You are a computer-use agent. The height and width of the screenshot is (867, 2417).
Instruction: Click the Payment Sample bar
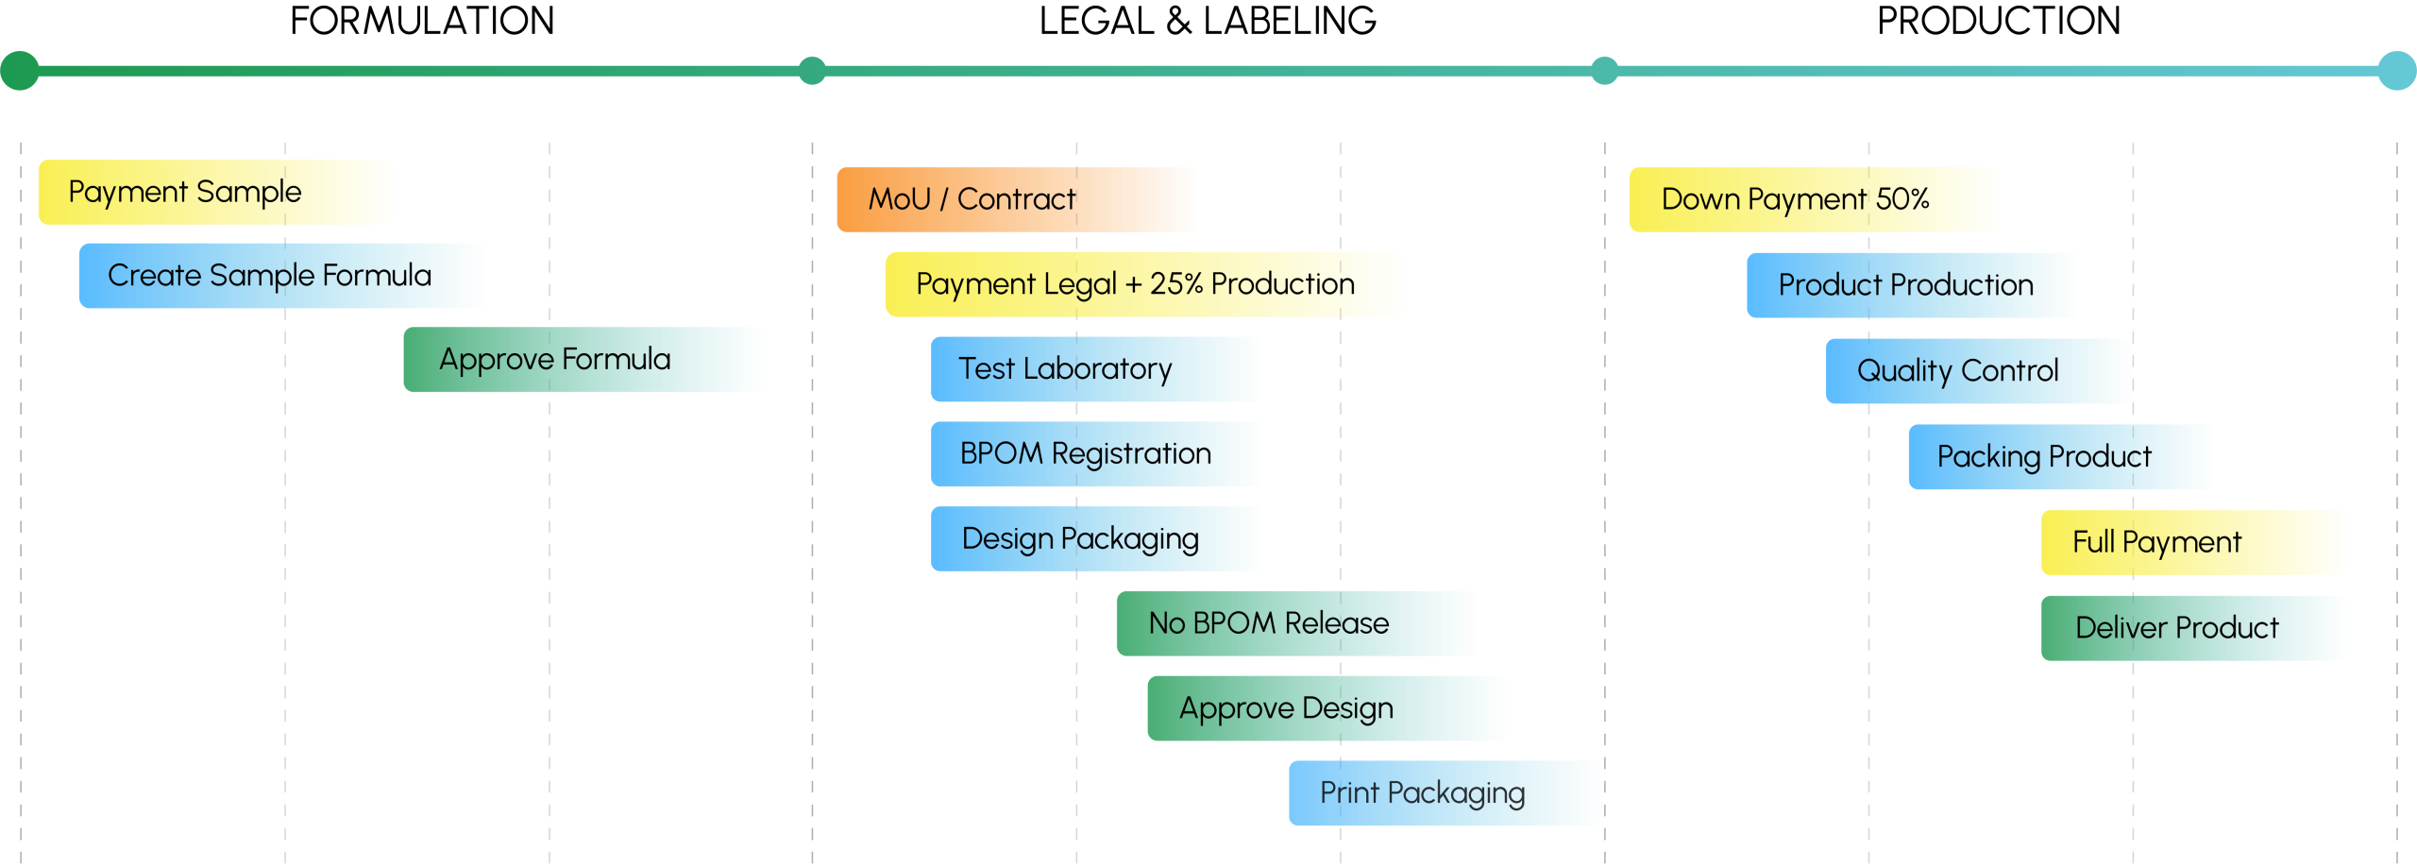(215, 192)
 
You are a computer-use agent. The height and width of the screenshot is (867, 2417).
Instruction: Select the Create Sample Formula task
(281, 276)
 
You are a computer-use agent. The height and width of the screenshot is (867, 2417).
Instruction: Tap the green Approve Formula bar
(583, 360)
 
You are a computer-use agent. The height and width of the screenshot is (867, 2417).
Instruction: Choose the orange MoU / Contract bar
(1017, 199)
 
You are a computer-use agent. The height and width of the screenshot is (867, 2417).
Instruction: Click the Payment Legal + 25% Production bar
(1143, 284)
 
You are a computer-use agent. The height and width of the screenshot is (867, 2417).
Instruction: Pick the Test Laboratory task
(1096, 369)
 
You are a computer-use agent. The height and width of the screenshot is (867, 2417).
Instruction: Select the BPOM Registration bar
(1096, 454)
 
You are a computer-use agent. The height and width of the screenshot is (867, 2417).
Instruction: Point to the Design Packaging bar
(1096, 539)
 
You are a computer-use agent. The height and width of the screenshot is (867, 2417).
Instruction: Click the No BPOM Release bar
(1296, 623)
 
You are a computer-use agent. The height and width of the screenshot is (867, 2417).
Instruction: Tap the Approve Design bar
(1327, 708)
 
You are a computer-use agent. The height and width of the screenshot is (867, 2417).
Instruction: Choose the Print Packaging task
(1445, 793)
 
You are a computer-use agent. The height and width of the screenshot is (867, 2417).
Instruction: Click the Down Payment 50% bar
(1813, 199)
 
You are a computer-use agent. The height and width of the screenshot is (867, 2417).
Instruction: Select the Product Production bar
(1912, 285)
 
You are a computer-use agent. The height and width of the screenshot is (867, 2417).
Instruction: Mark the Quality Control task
(1978, 371)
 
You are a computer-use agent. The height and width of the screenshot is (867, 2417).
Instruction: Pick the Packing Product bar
(2060, 457)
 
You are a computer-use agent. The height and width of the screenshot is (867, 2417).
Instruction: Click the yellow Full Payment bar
(2193, 542)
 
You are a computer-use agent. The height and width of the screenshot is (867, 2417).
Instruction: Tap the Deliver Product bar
(2193, 628)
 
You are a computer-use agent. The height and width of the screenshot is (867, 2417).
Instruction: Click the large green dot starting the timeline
(20, 71)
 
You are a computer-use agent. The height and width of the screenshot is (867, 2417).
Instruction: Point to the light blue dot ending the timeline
(2396, 71)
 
